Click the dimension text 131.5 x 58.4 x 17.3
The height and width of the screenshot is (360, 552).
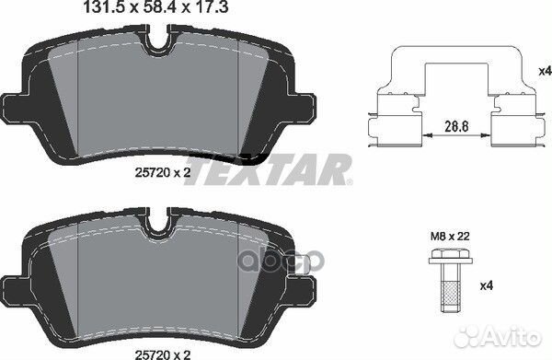coord(156,7)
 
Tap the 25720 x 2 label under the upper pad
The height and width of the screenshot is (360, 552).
coord(163,172)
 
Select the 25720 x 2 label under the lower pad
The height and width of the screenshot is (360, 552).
coord(163,354)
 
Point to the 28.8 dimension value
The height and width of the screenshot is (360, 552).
coord(456,126)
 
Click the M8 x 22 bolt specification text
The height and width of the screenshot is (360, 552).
coord(450,236)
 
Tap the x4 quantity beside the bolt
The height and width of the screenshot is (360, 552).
coord(487,285)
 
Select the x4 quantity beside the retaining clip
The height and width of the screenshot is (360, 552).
coord(545,71)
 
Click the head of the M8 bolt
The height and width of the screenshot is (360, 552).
coord(450,257)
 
